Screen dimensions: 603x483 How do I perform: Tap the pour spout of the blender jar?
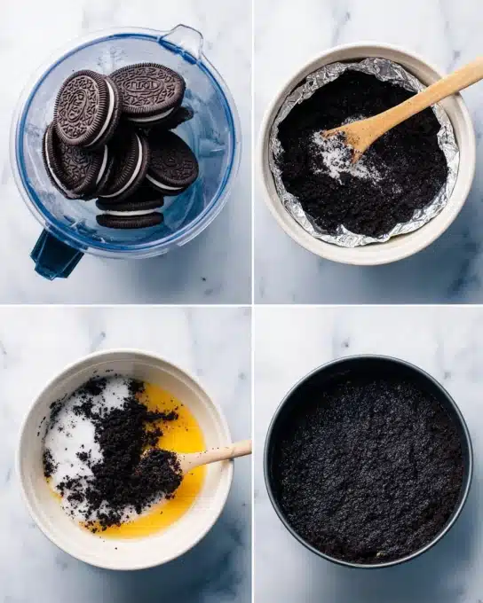click(x=183, y=41)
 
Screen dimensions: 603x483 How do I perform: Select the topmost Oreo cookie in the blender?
click(x=146, y=90)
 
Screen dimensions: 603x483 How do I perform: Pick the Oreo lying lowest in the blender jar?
click(x=130, y=219)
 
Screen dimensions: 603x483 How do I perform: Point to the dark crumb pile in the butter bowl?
click(x=133, y=461)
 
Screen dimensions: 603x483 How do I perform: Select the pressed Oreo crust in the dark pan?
click(x=368, y=461)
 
